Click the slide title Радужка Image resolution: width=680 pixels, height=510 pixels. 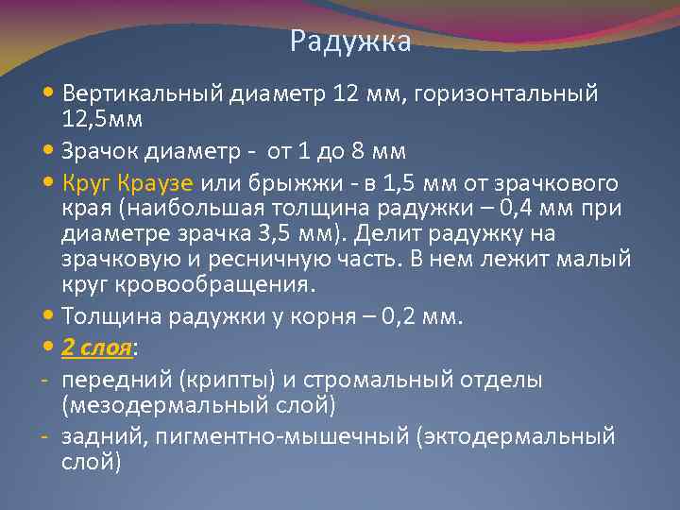point(350,42)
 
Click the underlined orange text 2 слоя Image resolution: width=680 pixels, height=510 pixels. point(96,348)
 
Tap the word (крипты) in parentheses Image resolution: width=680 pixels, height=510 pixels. point(207,380)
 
